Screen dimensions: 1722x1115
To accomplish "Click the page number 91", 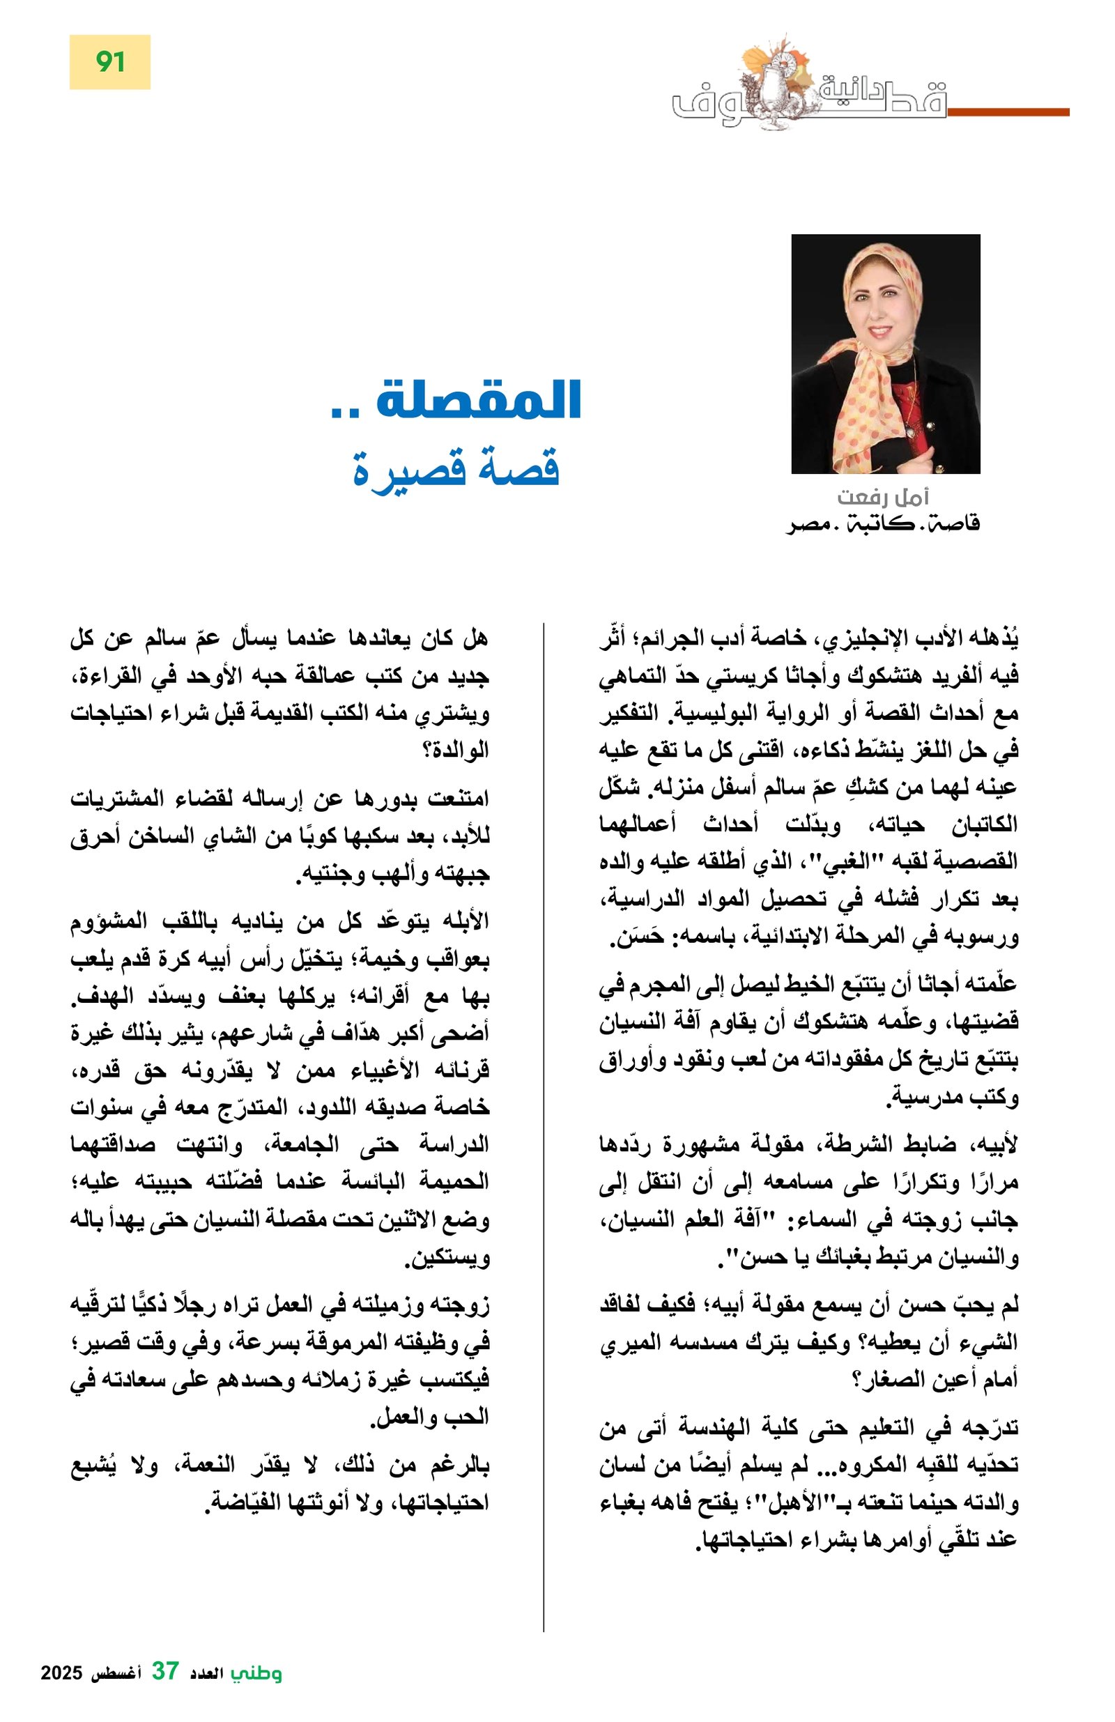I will pyautogui.click(x=110, y=62).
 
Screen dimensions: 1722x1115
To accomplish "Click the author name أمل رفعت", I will pyautogui.click(x=883, y=497).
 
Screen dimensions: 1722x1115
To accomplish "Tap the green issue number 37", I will pyautogui.click(x=165, y=1692).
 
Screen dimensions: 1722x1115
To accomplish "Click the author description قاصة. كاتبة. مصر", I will pyautogui.click(x=883, y=524).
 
